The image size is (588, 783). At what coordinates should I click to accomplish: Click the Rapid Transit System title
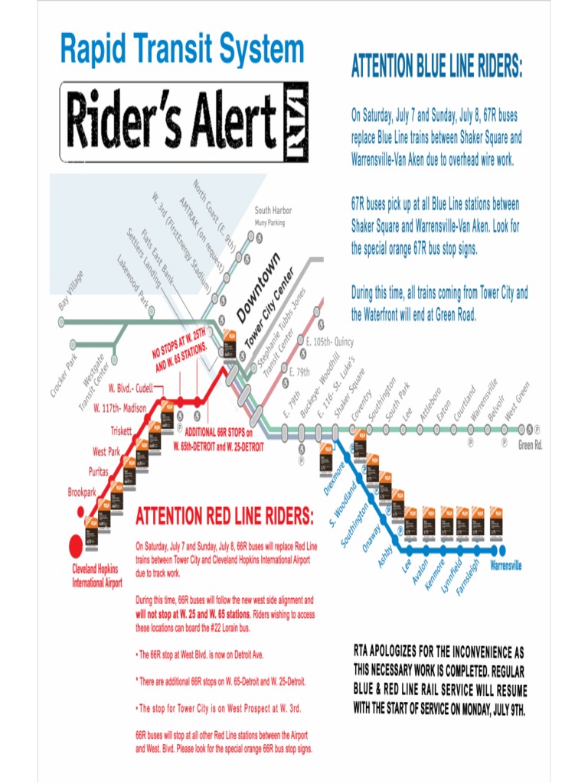(x=182, y=50)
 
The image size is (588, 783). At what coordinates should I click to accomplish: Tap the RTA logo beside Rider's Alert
(x=294, y=122)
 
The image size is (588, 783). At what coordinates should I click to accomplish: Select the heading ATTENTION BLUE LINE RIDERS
(x=436, y=67)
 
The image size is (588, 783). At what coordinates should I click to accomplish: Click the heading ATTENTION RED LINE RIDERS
(x=224, y=517)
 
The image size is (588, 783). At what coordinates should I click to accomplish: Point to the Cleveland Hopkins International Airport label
(x=97, y=576)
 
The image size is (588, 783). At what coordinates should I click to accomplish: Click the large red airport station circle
(x=76, y=545)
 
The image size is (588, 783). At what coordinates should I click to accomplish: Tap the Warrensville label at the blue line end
(x=505, y=566)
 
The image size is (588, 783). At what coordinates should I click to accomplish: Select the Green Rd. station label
(x=530, y=445)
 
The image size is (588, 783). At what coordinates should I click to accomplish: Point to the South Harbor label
(x=273, y=210)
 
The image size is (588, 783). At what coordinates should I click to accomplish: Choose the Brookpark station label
(x=82, y=492)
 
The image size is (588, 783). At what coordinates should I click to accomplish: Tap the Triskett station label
(x=121, y=430)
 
